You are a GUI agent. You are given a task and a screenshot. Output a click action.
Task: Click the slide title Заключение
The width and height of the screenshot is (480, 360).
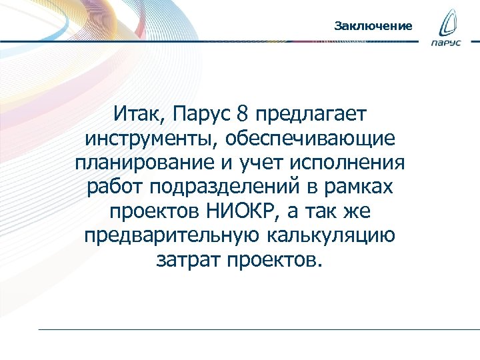[373, 26]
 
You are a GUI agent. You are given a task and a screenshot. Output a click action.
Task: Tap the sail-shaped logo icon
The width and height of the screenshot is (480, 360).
[446, 25]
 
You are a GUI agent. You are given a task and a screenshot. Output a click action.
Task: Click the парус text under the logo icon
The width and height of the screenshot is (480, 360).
[446, 44]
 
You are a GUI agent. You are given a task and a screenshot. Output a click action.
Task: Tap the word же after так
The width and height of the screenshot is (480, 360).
[356, 211]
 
